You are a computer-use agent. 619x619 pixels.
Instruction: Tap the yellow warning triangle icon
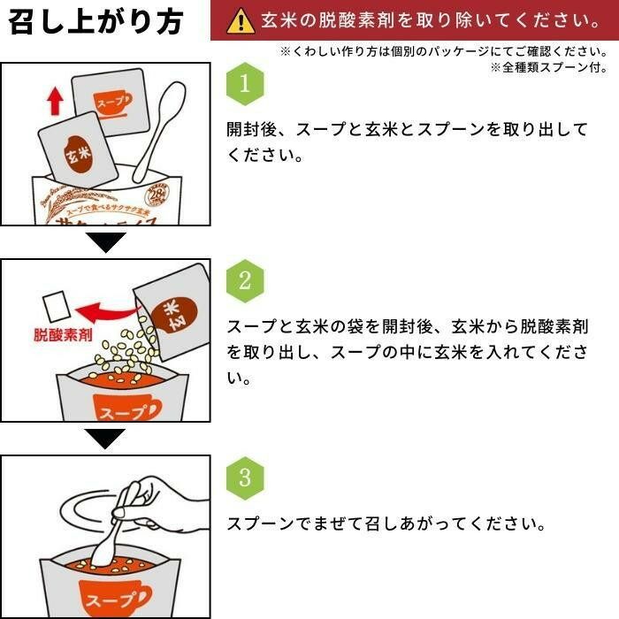[239, 20]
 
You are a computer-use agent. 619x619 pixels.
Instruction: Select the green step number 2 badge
[246, 280]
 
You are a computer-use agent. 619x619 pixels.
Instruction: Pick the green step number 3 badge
[246, 478]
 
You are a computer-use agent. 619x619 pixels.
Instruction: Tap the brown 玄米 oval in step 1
[73, 152]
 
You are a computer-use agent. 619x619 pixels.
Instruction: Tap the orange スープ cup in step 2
[126, 409]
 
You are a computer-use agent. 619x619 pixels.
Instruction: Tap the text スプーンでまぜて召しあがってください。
[386, 523]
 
